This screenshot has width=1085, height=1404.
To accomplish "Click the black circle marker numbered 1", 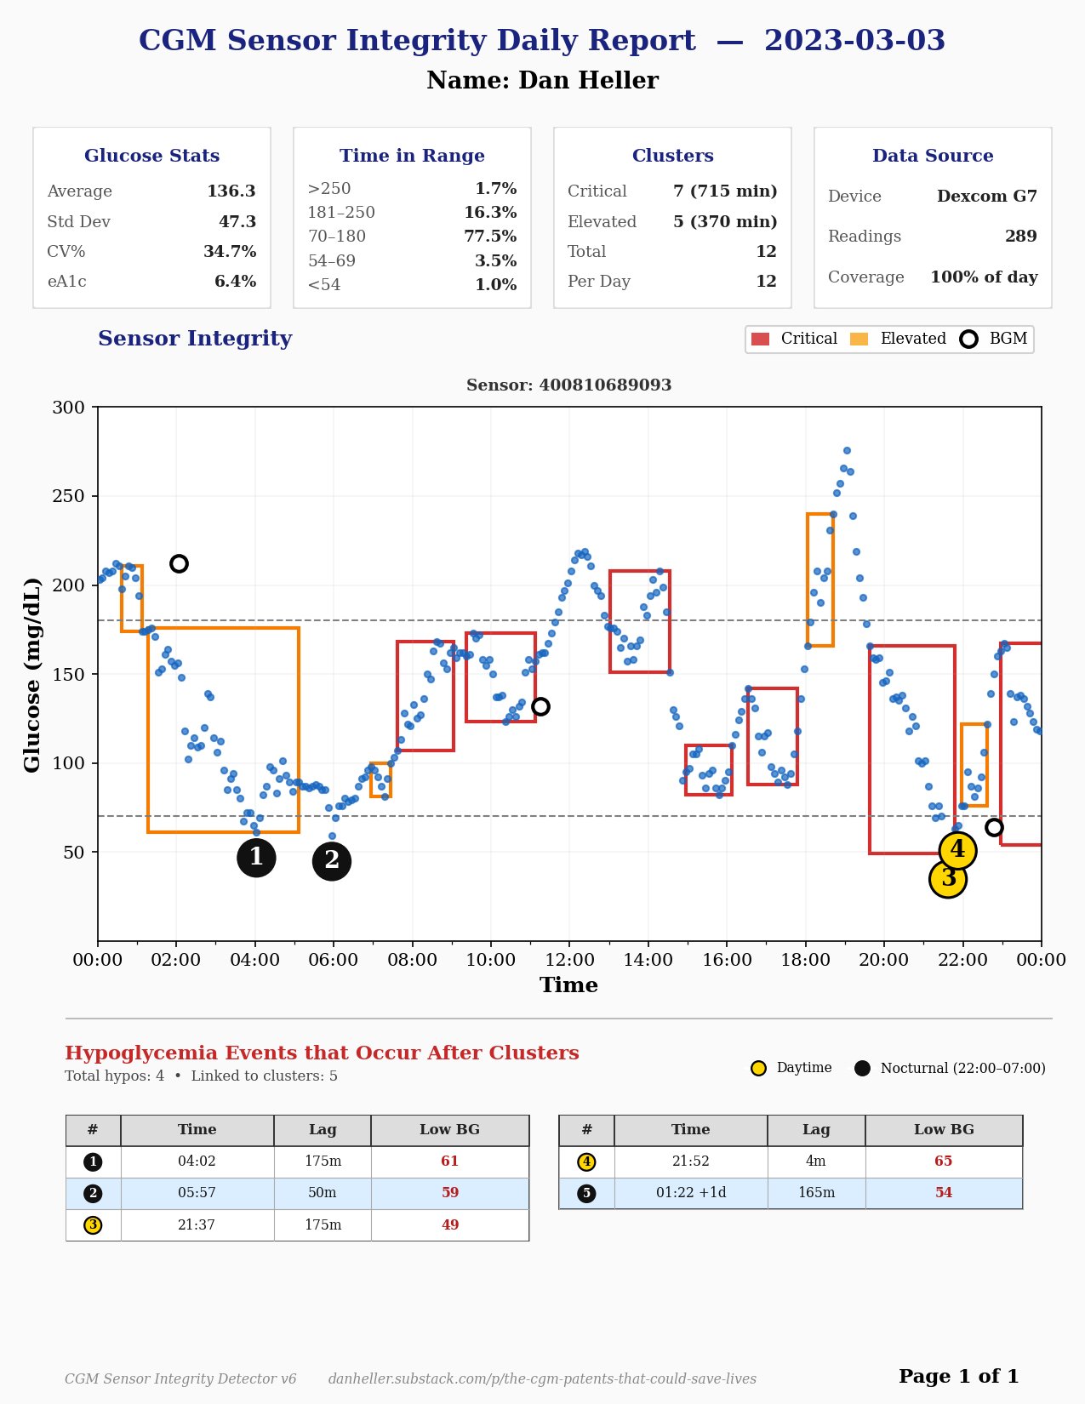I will click(x=256, y=858).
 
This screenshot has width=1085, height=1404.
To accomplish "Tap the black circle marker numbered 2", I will click(x=332, y=861).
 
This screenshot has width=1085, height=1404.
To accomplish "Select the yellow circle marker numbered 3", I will click(x=948, y=879).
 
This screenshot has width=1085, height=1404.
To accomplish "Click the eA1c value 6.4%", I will click(x=235, y=282).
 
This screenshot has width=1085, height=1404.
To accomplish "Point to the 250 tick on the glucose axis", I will click(x=68, y=496).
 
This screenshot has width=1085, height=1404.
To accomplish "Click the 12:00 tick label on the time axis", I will click(x=569, y=960).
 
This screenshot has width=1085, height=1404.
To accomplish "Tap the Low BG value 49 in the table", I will click(x=450, y=1225).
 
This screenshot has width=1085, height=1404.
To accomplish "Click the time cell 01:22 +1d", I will click(x=691, y=1193).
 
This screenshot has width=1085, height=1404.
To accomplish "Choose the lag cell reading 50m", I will click(x=323, y=1193).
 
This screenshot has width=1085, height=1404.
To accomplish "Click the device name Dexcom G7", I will click(x=987, y=197).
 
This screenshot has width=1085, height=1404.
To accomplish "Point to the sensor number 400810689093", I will click(x=568, y=385).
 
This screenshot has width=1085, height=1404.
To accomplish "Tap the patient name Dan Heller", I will click(x=542, y=81).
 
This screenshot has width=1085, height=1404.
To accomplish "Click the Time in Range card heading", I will click(x=412, y=156).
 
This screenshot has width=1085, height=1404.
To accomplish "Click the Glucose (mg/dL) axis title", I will click(x=32, y=674).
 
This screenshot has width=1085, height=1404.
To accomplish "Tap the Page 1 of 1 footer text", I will click(x=958, y=1377).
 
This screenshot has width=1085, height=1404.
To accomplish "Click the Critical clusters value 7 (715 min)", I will click(x=725, y=191).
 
